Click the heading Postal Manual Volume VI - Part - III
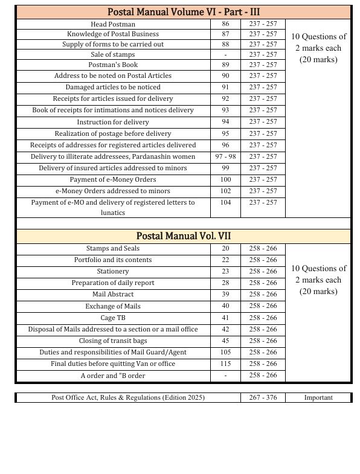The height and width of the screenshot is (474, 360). [184, 12]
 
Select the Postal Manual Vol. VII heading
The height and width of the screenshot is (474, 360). [184, 236]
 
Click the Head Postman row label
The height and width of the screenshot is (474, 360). [113, 24]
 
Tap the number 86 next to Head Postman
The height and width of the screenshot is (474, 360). [225, 24]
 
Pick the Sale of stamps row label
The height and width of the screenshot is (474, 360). [113, 55]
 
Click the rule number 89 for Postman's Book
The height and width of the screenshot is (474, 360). [225, 65]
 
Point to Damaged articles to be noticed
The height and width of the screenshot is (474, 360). [113, 88]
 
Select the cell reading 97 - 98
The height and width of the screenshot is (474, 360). [225, 156]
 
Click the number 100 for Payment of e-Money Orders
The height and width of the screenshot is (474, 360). [225, 179]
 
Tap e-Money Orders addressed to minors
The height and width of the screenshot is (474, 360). [113, 191]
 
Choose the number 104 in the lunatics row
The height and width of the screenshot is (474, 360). [225, 203]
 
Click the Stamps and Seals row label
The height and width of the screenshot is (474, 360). [113, 248]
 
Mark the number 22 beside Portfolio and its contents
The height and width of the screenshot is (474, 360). [225, 260]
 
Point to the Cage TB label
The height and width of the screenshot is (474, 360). [113, 318]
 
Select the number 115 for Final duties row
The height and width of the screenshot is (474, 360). [225, 364]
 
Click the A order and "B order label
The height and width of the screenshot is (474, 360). [113, 376]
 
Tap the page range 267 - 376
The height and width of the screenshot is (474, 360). [263, 397]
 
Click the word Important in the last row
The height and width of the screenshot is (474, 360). [318, 397]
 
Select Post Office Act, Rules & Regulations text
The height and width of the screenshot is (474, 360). [128, 397]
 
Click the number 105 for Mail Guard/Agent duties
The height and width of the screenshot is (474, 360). [225, 352]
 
